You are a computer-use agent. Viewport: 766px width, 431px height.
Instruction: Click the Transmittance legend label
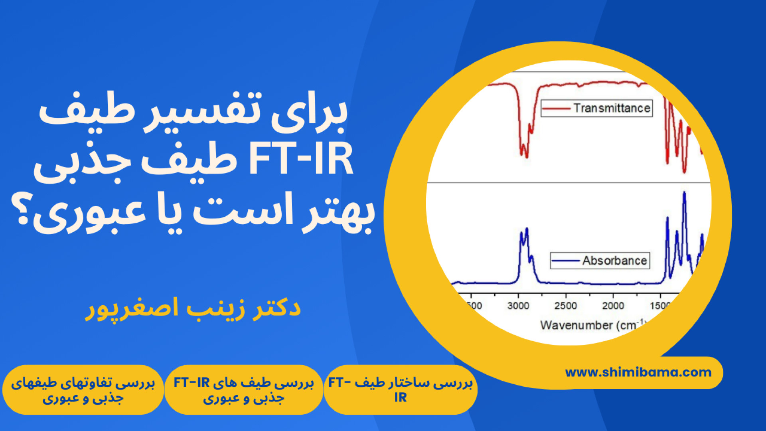[x=612, y=108]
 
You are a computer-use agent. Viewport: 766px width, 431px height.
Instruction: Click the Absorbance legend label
[x=614, y=261]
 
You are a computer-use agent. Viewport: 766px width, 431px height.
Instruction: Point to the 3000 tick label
[x=518, y=306]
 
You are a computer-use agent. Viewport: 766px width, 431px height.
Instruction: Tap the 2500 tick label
[x=566, y=306]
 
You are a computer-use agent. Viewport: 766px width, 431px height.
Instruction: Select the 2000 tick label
[x=613, y=306]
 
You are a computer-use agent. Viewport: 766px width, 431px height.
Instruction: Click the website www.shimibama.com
[x=638, y=372]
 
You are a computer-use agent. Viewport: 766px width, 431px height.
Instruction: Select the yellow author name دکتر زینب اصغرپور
[x=193, y=308]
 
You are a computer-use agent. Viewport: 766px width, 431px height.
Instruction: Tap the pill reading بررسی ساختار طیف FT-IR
[x=401, y=390]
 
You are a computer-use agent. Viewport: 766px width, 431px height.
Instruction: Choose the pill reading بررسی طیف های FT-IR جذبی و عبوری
[x=244, y=390]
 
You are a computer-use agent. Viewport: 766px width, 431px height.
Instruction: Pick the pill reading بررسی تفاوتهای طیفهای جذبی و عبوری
[x=83, y=390]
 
